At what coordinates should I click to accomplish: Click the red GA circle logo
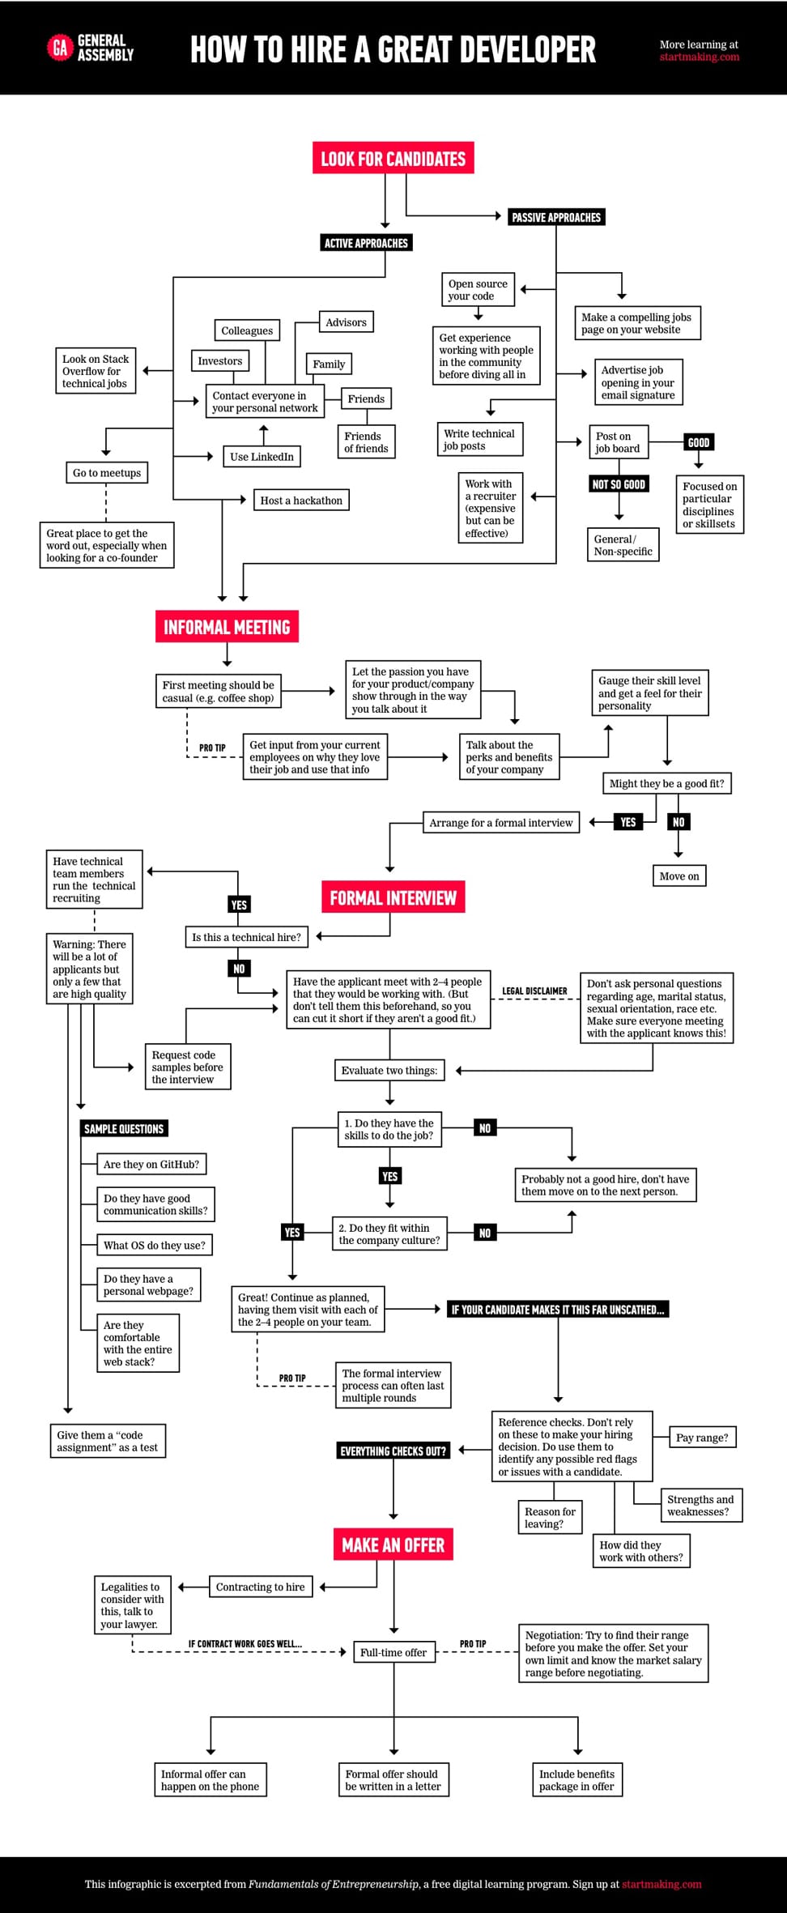[x=60, y=49]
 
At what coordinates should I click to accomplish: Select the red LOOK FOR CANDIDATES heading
[x=393, y=158]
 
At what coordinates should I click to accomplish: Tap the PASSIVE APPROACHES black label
[x=556, y=217]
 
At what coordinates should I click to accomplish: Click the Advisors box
[x=346, y=322]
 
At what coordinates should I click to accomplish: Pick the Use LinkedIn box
[x=262, y=457]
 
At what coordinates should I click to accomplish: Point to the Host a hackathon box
[x=301, y=501]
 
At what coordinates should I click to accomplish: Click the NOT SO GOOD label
[x=619, y=484]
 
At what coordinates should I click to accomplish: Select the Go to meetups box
[x=107, y=473]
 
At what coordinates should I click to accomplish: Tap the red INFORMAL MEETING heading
[x=227, y=627]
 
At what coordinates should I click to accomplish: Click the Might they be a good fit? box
[x=666, y=783]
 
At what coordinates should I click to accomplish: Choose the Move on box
[x=679, y=876]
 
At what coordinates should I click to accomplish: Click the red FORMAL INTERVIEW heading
[x=393, y=897]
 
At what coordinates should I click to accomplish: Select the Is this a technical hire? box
[x=246, y=937]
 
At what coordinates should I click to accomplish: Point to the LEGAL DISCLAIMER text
[x=534, y=991]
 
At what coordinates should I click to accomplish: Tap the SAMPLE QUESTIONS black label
[x=124, y=1128]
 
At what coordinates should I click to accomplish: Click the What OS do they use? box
[x=154, y=1245]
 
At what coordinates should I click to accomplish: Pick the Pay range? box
[x=702, y=1438]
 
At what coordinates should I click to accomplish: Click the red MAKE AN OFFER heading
[x=393, y=1545]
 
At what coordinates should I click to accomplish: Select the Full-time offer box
[x=393, y=1652]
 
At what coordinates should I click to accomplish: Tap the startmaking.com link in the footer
[x=662, y=1884]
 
